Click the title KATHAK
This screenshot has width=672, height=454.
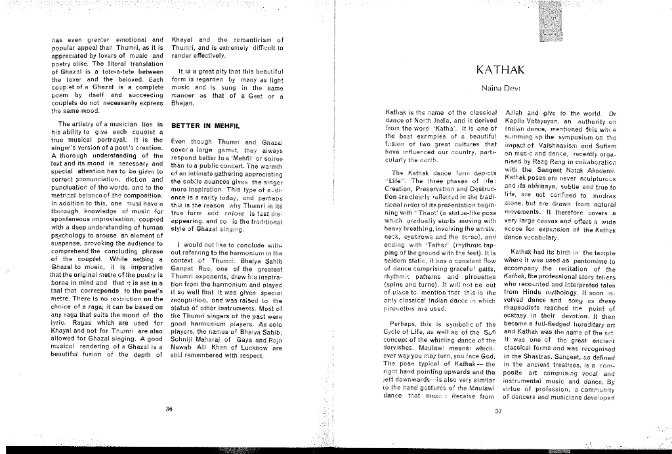(x=500, y=70)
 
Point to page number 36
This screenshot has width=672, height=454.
(x=169, y=409)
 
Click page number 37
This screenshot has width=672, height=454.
(x=497, y=412)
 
